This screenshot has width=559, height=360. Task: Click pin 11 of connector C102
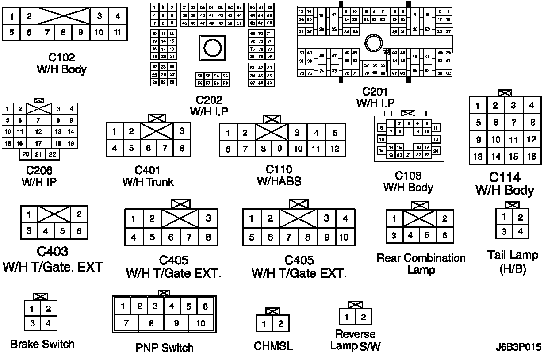(117, 32)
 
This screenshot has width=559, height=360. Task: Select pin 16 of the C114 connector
(531, 157)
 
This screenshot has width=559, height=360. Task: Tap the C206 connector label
(39, 170)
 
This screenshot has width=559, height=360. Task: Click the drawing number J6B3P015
(518, 347)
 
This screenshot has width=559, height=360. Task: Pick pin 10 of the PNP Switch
(201, 323)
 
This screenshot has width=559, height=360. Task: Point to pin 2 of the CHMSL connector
(280, 324)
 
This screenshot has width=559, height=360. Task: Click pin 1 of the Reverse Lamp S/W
(347, 317)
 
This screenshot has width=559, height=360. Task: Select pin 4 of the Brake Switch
(48, 323)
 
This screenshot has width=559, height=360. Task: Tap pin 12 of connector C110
(335, 149)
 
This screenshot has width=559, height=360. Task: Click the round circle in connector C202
(211, 46)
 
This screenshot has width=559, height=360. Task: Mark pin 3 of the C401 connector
(182, 131)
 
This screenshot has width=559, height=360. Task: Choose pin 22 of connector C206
(52, 154)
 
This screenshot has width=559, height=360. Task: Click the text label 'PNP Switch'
(165, 348)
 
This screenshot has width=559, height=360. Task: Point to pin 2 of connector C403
(79, 215)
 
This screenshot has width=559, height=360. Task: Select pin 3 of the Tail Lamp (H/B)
(504, 231)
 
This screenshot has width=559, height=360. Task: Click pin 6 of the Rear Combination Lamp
(445, 235)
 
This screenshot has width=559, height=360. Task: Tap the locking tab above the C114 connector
(504, 93)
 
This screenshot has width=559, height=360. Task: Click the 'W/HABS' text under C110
(279, 181)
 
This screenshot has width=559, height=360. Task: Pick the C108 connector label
(408, 176)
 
